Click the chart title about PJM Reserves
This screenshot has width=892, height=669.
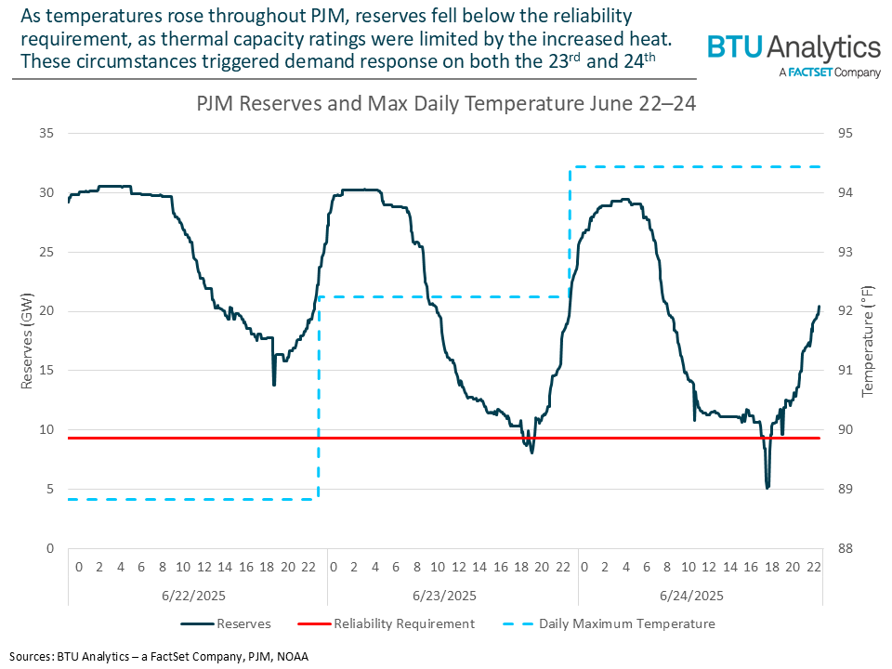446,103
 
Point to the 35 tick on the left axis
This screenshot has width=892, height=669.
46,134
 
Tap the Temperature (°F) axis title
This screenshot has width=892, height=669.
869,341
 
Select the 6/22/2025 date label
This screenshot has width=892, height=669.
196,595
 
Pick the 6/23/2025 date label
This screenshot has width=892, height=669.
453,595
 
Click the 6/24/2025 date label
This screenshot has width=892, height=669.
699,595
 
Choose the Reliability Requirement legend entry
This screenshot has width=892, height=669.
403,623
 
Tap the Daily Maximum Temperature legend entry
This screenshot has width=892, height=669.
627,623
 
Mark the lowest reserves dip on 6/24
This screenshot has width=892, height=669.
767,487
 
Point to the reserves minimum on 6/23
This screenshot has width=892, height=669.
531,452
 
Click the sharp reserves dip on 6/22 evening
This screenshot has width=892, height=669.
273,384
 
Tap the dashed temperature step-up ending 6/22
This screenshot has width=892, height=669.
319,400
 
